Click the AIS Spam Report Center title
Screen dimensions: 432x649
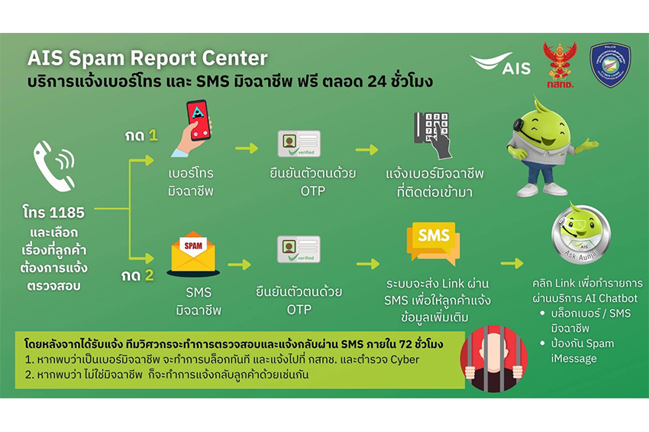[x=147, y=59]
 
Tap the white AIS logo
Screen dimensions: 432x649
[x=500, y=65]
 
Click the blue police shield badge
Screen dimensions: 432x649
[x=610, y=64]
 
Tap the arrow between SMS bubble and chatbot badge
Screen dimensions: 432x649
[x=511, y=263]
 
